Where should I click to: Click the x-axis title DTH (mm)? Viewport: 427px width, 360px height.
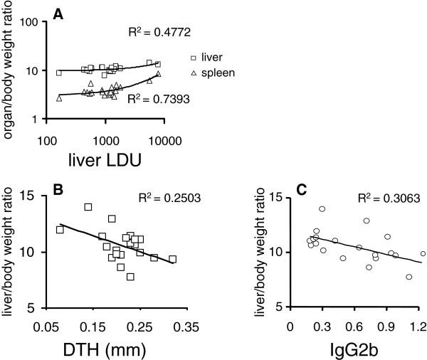click(x=117, y=349)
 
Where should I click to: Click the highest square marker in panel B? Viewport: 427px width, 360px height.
click(x=88, y=207)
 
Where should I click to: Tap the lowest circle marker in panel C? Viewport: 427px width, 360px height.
click(x=409, y=277)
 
